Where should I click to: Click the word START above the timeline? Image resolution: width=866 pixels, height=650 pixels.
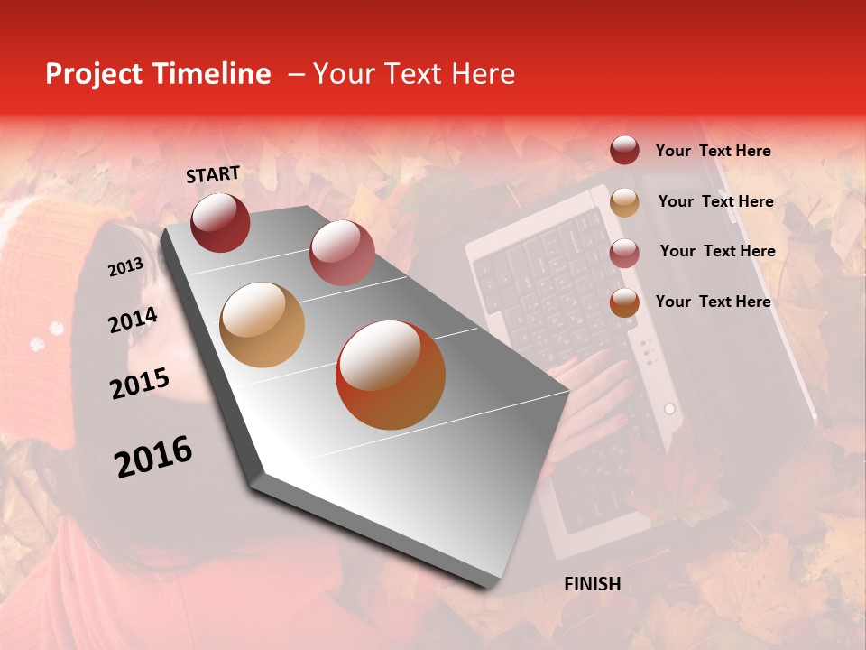coord(213,174)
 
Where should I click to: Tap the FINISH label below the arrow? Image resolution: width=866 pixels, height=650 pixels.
coord(592,584)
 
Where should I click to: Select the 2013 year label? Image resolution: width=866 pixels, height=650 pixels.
coord(125,267)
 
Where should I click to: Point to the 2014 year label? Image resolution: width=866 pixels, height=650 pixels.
coord(133,320)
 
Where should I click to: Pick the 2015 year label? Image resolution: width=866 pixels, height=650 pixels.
coord(140,384)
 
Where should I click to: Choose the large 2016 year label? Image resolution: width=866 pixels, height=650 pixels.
coord(153,457)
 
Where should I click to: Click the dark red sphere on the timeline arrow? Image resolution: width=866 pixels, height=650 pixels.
coord(220,222)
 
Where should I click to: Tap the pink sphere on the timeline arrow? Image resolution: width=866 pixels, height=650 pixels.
coord(342,252)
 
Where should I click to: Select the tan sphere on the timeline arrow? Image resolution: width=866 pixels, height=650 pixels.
coord(263,325)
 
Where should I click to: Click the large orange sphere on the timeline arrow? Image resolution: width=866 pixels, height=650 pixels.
coord(391,376)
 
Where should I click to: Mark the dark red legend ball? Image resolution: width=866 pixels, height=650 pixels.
coord(624,151)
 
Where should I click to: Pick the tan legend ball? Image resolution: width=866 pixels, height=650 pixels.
coord(624,201)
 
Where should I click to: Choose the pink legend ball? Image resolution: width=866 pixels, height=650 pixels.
coord(624,252)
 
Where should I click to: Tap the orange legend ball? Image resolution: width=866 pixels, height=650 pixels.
coord(624,302)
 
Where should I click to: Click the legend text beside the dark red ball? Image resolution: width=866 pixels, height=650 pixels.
coord(713,151)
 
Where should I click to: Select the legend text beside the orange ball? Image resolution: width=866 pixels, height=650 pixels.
coord(713,302)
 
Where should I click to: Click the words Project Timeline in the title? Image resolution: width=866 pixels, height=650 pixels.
coord(158,74)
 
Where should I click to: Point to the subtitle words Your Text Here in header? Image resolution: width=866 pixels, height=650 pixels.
coord(414,74)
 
